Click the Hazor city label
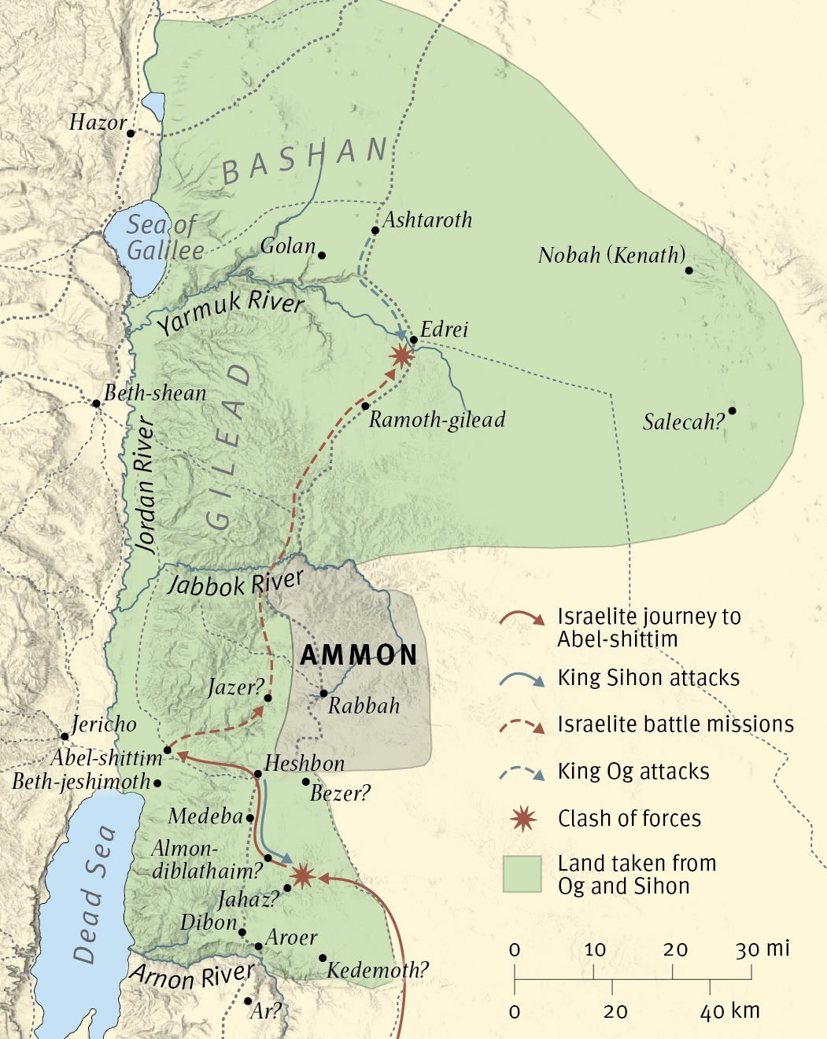(98, 123)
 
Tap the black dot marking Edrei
(414, 340)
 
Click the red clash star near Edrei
(401, 356)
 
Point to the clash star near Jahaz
(302, 875)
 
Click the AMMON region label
(359, 655)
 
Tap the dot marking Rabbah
(323, 694)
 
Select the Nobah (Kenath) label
(611, 255)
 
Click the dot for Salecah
(732, 411)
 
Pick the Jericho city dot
(65, 737)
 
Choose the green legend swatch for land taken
(522, 874)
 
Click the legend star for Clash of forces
(523, 819)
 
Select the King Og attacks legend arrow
(522, 772)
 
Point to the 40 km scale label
(729, 1011)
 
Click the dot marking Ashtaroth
(375, 230)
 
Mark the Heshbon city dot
(257, 774)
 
